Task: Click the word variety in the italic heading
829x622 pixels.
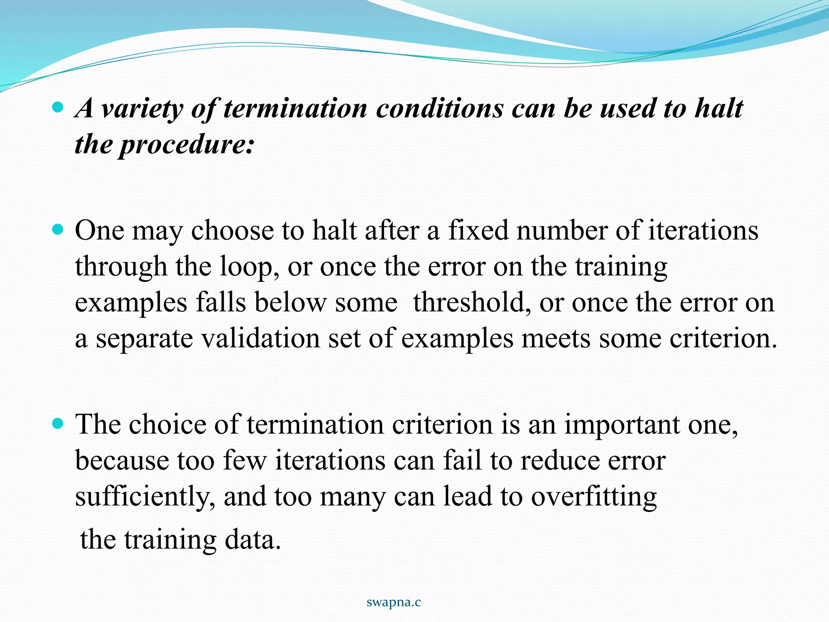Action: click(142, 109)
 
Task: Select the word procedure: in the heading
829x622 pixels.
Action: click(187, 145)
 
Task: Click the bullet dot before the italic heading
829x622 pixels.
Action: click(58, 108)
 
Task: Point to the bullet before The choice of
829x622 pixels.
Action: click(58, 424)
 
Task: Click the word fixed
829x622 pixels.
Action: click(478, 230)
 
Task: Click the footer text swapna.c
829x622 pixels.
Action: click(393, 603)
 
